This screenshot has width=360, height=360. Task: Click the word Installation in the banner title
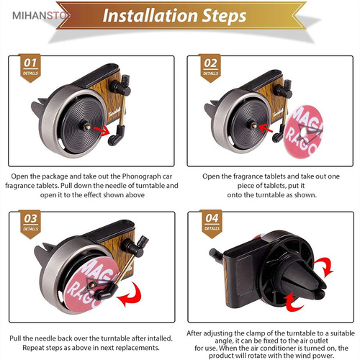tap(150, 16)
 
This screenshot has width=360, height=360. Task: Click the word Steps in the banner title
tap(224, 17)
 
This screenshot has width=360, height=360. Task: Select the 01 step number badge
tap(30, 68)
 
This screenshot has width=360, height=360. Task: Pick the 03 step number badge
tap(30, 224)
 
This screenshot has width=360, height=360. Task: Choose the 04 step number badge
tap(212, 224)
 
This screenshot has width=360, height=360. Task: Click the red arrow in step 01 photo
tap(102, 131)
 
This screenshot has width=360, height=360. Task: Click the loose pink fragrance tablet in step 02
tap(303, 132)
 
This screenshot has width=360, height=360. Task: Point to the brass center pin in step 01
tap(88, 127)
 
